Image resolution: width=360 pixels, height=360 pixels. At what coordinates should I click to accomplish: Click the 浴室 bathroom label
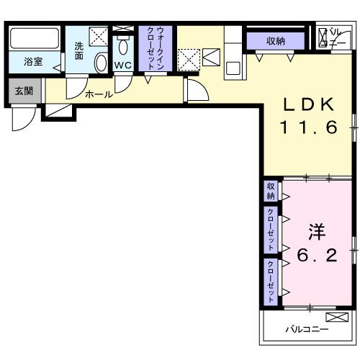(x=32, y=61)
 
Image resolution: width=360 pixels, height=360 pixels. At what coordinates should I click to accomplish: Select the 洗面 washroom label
(x=79, y=51)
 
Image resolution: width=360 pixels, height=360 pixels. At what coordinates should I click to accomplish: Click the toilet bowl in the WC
(x=123, y=48)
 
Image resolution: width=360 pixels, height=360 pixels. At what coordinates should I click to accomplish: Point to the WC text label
(x=122, y=66)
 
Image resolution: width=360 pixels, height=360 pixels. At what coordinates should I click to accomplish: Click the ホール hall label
(x=98, y=94)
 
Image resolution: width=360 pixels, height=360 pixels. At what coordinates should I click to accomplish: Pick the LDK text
(x=308, y=105)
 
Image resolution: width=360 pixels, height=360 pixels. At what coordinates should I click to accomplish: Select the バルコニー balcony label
(x=306, y=329)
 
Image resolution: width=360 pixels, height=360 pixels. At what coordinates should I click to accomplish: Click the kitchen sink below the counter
(x=233, y=69)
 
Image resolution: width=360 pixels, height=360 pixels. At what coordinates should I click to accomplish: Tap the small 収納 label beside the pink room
(x=271, y=192)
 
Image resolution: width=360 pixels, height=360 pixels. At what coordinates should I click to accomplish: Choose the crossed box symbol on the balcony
(x=336, y=318)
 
